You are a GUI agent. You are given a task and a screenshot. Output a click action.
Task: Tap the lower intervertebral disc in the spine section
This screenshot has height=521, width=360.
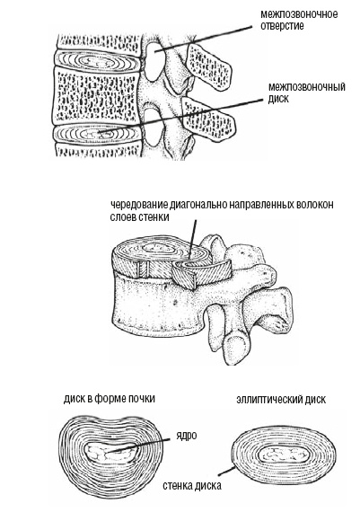pyautogui.click(x=94, y=132)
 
